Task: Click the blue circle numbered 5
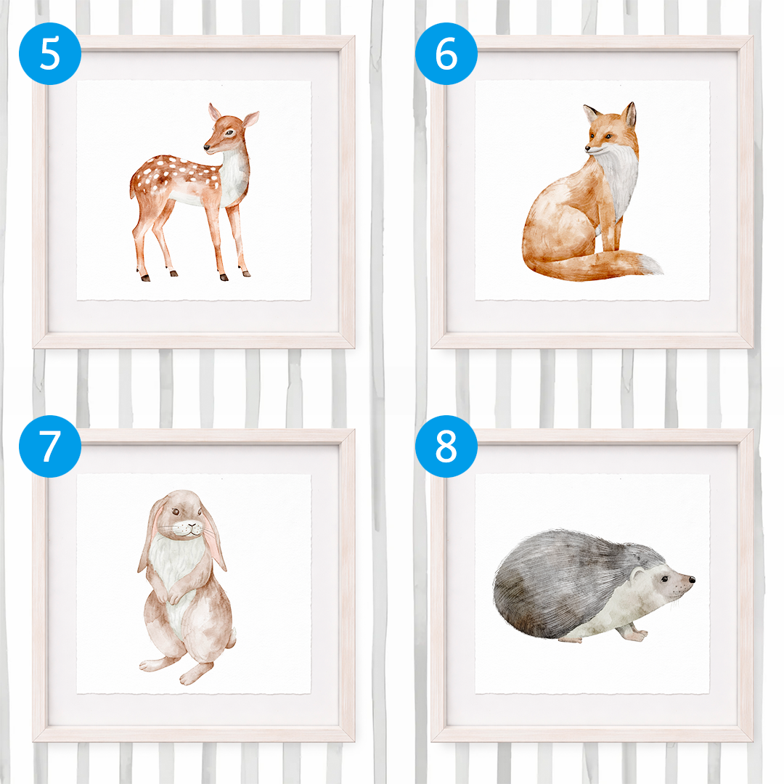(x=50, y=54)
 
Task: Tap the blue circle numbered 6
(x=446, y=54)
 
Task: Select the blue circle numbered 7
(x=50, y=446)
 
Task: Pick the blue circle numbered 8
(x=446, y=446)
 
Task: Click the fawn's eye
(x=229, y=133)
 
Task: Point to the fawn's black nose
(x=206, y=147)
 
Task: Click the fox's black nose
(x=588, y=148)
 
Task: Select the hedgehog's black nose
(x=692, y=580)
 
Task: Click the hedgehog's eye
(x=664, y=579)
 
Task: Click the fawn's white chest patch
(x=233, y=180)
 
